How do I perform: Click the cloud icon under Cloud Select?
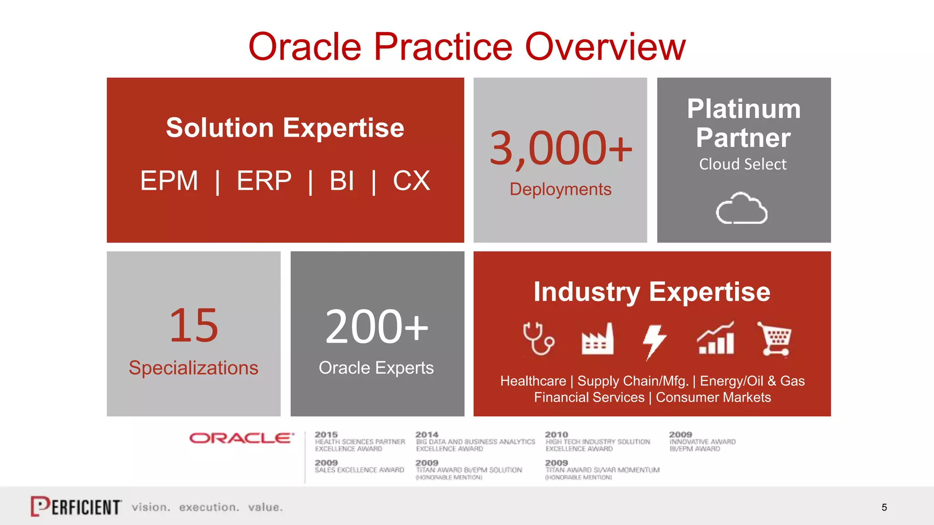(742, 208)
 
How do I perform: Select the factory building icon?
(597, 339)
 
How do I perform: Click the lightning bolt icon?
(654, 341)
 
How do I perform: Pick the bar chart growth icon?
(716, 338)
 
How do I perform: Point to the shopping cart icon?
(775, 339)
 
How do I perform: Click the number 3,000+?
(560, 149)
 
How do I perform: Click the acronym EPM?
(169, 180)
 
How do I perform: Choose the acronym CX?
(411, 180)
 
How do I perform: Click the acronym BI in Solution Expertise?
(342, 180)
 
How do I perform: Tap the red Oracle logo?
(242, 438)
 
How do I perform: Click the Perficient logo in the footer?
(76, 506)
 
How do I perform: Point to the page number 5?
(884, 507)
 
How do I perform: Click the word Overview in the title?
(605, 46)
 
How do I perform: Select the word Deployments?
(560, 189)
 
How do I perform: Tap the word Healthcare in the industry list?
(533, 381)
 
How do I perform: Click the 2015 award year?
(326, 435)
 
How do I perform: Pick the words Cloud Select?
(743, 164)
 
